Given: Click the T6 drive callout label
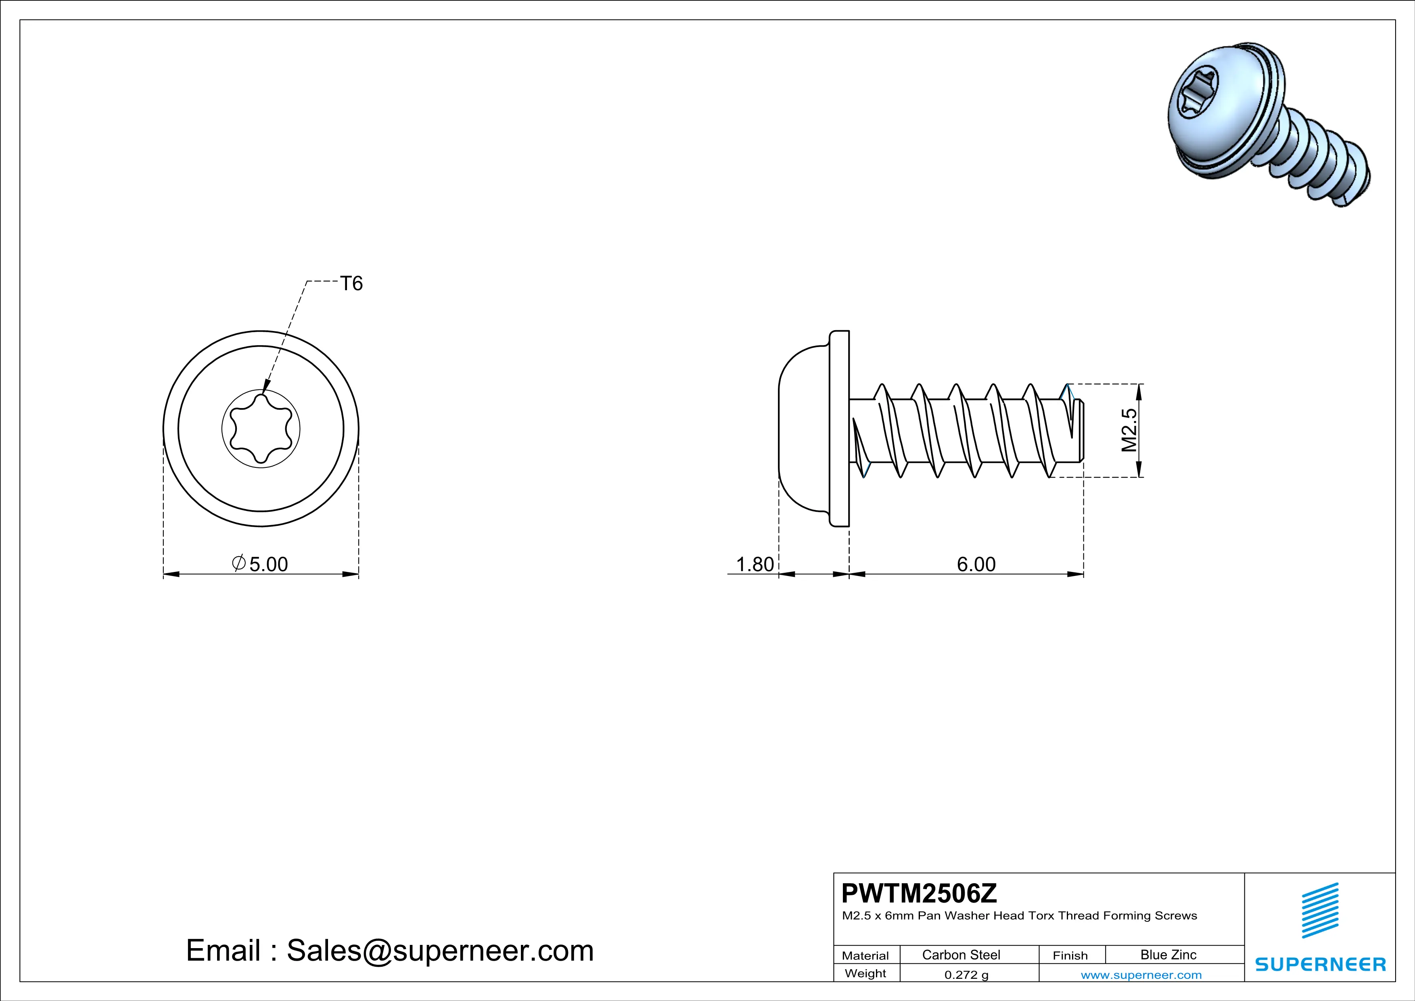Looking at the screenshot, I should (351, 283).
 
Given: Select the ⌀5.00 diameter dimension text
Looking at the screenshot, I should (261, 563).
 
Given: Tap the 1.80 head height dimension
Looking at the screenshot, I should (755, 564).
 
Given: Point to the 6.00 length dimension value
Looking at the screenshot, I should (976, 564).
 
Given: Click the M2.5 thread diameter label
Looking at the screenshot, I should (1129, 430).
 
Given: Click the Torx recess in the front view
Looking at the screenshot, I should (261, 429).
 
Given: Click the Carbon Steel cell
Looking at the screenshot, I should (961, 955).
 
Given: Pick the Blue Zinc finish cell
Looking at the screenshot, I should (1168, 955).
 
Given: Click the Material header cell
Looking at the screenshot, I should (865, 955).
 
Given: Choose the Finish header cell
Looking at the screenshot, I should (1070, 955).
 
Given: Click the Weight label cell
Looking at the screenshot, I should (865, 973).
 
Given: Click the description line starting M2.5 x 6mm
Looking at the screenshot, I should (1019, 916).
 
